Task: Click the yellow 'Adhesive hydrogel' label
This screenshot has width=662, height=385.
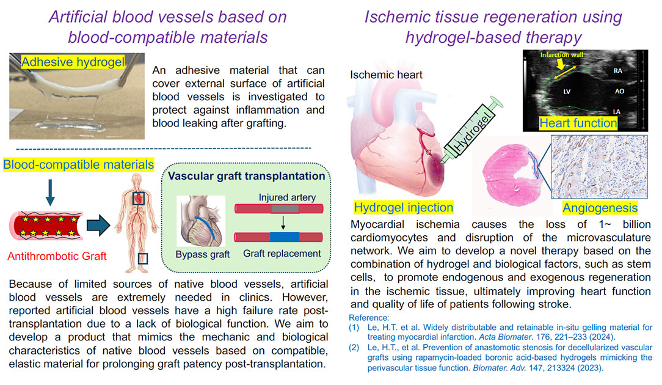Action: pos(73,62)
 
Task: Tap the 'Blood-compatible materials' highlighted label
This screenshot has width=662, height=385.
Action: pos(79,164)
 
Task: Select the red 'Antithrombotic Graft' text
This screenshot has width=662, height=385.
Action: pos(57,256)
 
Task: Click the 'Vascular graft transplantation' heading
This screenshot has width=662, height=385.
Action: pos(247,176)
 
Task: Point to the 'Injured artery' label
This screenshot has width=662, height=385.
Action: pos(287,197)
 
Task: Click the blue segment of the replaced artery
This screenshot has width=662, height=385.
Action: pos(285,237)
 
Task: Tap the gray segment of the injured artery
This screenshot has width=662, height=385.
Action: pos(285,208)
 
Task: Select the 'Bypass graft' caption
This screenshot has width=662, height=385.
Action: pos(203,254)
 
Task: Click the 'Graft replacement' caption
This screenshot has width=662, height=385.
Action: pos(282,254)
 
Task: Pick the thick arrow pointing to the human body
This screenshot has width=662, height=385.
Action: pos(98,225)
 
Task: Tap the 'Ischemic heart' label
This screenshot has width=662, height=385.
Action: pos(387,75)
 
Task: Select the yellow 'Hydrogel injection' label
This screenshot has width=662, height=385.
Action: pos(404,208)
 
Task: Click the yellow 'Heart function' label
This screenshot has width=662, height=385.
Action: pos(578,123)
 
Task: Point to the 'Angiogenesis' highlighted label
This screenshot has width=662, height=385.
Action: pos(600,208)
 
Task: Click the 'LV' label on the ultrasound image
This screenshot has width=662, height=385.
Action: pos(566,92)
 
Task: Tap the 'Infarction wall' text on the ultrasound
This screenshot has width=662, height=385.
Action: pos(561,55)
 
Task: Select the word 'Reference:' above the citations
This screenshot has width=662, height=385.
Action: pos(369,318)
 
